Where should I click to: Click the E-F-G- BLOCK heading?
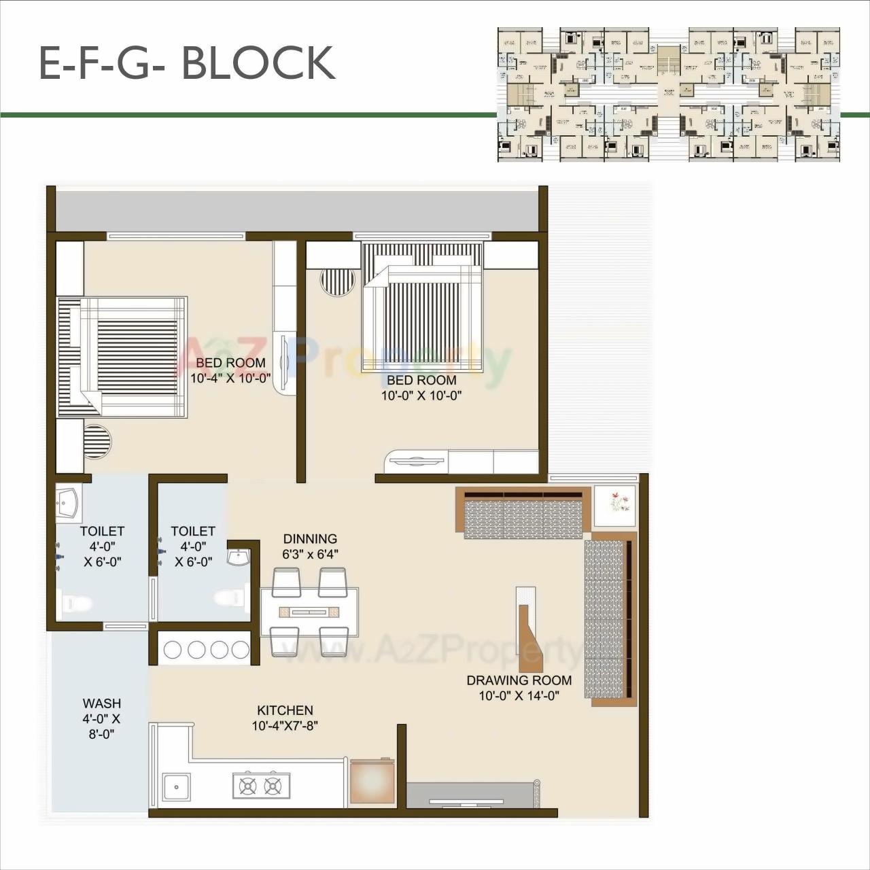pos(187,63)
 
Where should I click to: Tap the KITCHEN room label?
pos(285,710)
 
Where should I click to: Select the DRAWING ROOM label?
pos(519,680)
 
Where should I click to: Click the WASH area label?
pos(101,703)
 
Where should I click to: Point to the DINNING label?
pos(310,538)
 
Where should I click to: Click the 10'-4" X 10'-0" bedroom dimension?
pos(230,378)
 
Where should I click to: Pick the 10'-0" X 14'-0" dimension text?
pos(519,695)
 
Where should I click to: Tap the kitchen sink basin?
pos(177,787)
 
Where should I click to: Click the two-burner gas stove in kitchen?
pos(260,786)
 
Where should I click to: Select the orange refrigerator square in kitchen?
pos(372,781)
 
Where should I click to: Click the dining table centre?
pos(310,612)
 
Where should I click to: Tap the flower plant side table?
pos(616,505)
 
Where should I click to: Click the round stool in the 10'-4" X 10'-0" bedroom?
pos(97,441)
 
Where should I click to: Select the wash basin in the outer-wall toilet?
pos(67,504)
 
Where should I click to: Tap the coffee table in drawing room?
pos(531,629)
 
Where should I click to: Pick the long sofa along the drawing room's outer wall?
pos(609,619)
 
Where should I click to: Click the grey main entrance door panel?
pos(470,795)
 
